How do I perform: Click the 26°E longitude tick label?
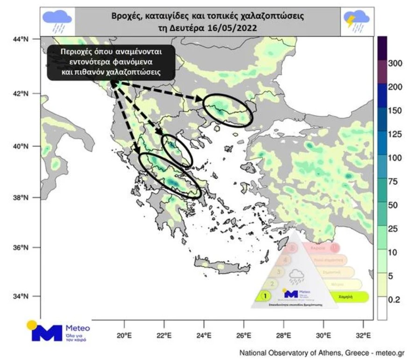[243, 335]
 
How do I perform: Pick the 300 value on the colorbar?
[395, 64]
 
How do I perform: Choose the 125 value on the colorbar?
[395, 134]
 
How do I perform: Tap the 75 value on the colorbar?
[394, 182]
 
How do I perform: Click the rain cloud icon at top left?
[57, 21]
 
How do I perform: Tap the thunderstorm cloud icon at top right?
[357, 21]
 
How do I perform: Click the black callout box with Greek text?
[111, 62]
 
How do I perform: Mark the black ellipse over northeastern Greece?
[228, 110]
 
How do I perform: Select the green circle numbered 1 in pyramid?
[265, 296]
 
